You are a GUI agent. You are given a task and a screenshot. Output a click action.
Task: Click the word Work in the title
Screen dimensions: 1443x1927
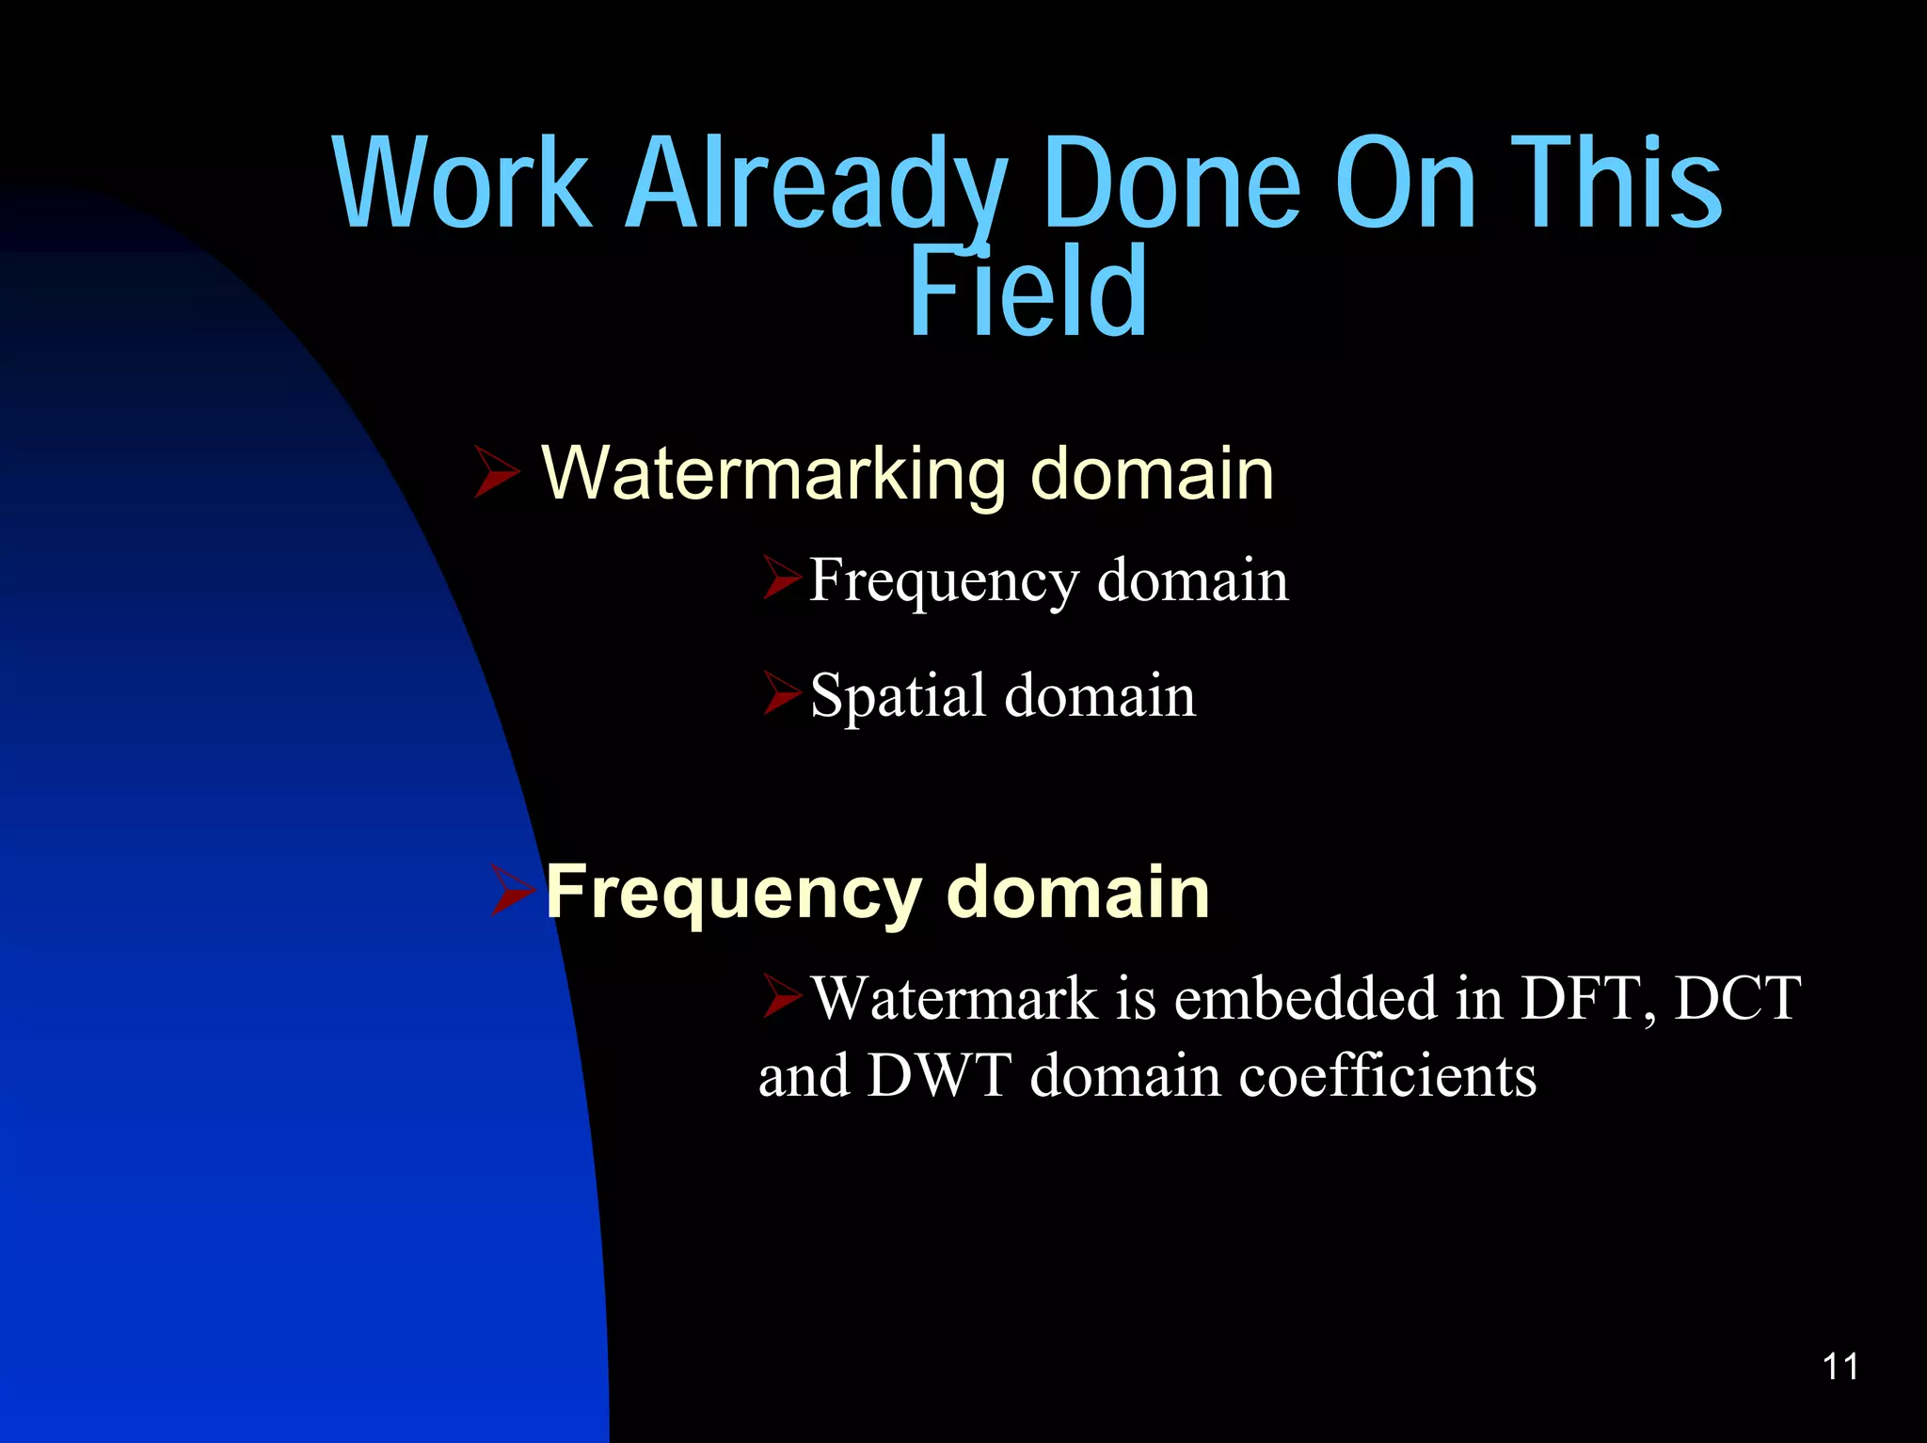[x=462, y=183]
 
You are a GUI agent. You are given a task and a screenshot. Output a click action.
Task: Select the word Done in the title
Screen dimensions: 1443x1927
[x=1171, y=183]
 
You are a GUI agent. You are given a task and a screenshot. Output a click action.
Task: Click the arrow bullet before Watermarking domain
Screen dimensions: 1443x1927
[x=496, y=472]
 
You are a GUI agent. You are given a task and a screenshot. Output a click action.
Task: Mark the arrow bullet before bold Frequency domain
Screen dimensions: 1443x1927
[x=513, y=892]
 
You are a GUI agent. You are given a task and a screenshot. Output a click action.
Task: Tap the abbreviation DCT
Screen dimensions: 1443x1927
[x=1737, y=998]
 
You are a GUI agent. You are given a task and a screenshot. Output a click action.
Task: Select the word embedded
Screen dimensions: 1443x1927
[x=1307, y=998]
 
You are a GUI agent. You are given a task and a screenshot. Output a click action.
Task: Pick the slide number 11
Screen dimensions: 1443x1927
[x=1840, y=1366]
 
